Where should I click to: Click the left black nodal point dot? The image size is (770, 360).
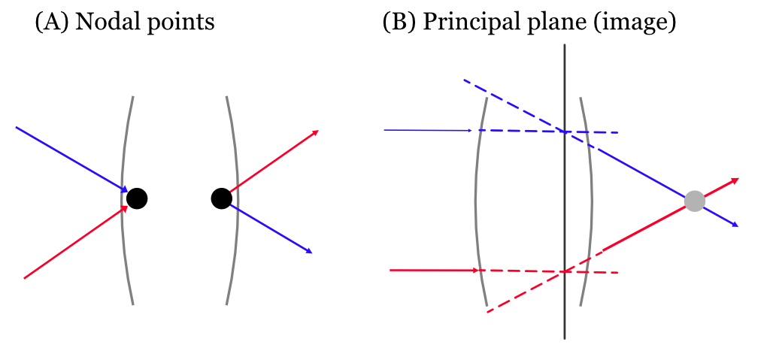click(137, 198)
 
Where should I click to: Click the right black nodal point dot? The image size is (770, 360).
click(221, 198)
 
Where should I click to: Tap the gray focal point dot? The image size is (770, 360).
click(694, 201)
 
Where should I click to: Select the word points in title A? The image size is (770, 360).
click(177, 23)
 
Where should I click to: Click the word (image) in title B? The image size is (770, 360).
click(642, 23)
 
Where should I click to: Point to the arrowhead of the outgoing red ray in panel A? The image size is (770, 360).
click(316, 132)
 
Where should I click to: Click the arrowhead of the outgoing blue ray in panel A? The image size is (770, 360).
click(309, 251)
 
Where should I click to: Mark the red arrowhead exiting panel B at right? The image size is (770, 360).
click(735, 180)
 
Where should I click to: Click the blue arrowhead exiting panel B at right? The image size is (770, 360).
click(735, 225)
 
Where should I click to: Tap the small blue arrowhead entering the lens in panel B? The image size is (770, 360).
click(470, 130)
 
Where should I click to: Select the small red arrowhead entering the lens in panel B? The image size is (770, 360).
click(475, 270)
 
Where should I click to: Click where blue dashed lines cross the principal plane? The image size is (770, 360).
click(565, 132)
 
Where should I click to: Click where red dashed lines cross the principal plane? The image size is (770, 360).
click(565, 271)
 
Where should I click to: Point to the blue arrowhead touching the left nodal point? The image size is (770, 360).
click(125, 189)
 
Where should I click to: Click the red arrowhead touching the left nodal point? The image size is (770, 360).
click(125, 208)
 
